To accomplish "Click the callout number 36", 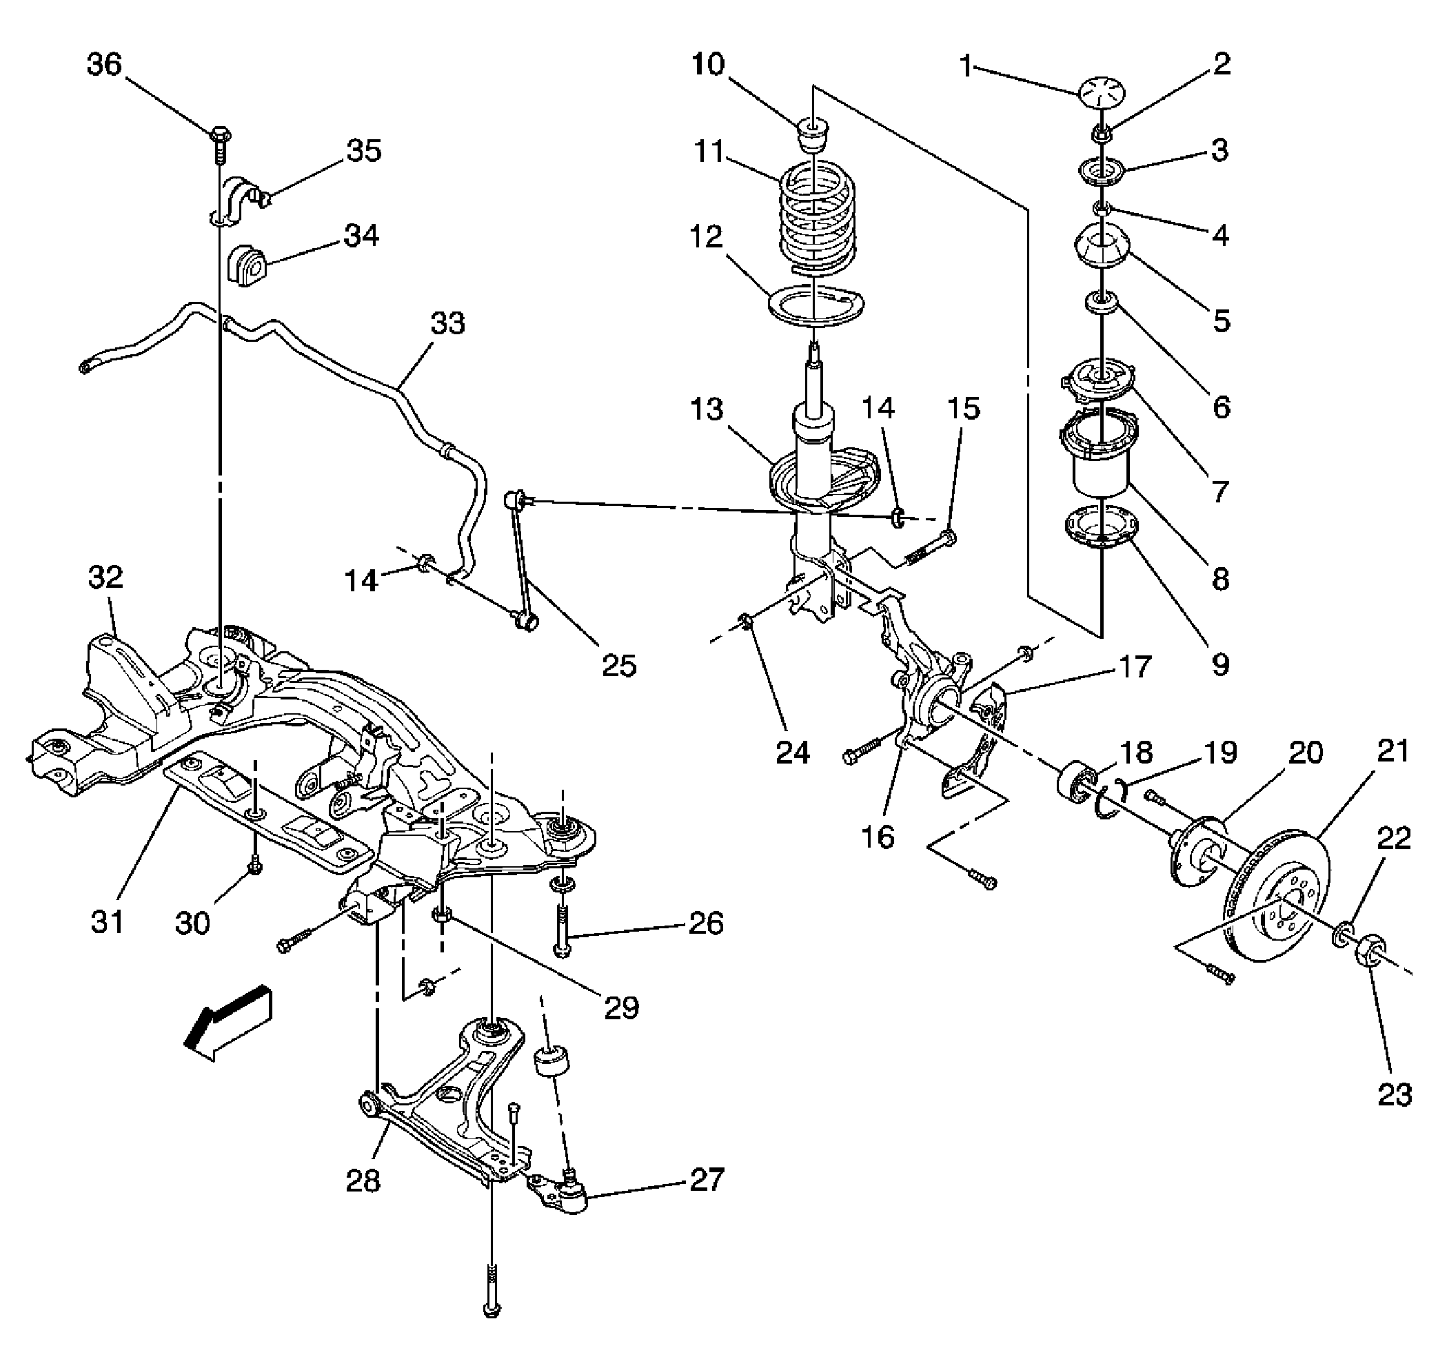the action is click(104, 65).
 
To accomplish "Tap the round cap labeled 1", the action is click(1102, 94).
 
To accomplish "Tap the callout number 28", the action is click(363, 1202).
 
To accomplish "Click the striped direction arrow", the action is click(228, 1021).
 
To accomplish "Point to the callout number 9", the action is click(1220, 664).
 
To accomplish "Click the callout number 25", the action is click(618, 666).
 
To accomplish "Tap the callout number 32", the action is click(106, 577).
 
